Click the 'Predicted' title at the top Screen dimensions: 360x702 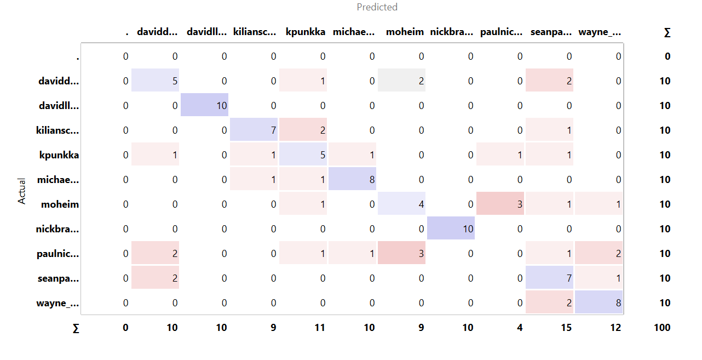pyautogui.click(x=377, y=7)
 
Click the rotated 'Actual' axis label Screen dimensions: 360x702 pyautogui.click(x=22, y=191)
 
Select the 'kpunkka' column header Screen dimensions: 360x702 pyautogui.click(x=305, y=32)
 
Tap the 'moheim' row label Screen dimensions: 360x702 pyautogui.click(x=60, y=204)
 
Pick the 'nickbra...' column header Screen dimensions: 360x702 pyautogui.click(x=451, y=32)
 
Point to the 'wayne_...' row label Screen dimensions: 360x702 pyautogui.click(x=57, y=303)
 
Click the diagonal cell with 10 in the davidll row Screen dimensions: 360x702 pyautogui.click(x=204, y=105)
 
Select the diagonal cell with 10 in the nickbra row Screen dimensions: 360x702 pyautogui.click(x=451, y=228)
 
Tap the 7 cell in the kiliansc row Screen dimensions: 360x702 pyautogui.click(x=254, y=130)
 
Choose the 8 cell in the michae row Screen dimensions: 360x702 pyautogui.click(x=352, y=179)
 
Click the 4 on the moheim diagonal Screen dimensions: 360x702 pyautogui.click(x=401, y=204)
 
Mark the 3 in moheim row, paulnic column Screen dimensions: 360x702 pyautogui.click(x=500, y=204)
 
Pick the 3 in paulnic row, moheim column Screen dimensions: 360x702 pyautogui.click(x=401, y=253)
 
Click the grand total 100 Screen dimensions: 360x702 pyautogui.click(x=661, y=328)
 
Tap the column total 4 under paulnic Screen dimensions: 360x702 pyautogui.click(x=519, y=328)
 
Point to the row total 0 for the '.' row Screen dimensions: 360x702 pyautogui.click(x=667, y=56)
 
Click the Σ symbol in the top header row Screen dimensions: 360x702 pyautogui.click(x=666, y=32)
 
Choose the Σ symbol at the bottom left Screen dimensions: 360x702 pyautogui.click(x=76, y=328)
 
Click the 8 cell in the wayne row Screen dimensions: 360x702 pyautogui.click(x=599, y=302)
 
